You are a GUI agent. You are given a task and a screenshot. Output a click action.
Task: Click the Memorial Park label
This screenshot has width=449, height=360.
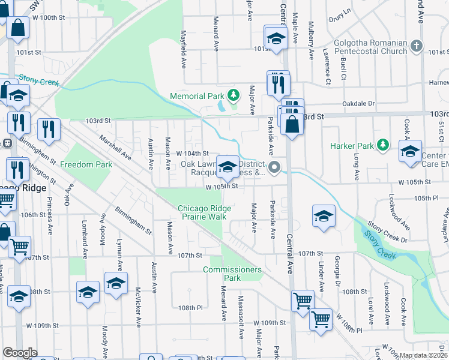click(196, 96)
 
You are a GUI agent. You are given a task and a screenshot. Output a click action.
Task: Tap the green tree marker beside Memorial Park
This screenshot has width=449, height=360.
click(233, 95)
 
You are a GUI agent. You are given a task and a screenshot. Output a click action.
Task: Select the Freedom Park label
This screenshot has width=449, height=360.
click(86, 164)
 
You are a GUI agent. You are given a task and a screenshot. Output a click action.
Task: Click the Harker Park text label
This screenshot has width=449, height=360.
click(351, 146)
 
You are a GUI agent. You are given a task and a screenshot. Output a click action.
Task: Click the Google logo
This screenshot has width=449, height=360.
click(20, 353)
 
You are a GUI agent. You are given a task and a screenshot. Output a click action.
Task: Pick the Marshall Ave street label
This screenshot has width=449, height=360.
click(116, 146)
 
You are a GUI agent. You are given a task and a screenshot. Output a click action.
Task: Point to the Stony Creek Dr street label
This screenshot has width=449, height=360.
click(387, 233)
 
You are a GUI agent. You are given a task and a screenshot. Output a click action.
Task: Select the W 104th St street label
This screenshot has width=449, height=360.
click(192, 154)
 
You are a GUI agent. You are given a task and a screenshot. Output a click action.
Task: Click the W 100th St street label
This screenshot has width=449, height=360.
click(48, 17)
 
